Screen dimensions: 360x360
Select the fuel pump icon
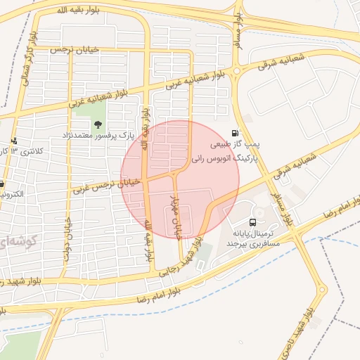pyautogui.click(x=234, y=132)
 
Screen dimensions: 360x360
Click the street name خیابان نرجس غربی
pyautogui.click(x=107, y=185)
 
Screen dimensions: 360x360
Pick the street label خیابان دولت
pyautogui.click(x=68, y=241)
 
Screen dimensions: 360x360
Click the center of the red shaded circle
pyautogui.click(x=180, y=179)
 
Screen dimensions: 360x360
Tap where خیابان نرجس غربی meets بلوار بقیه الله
pyautogui.click(x=146, y=177)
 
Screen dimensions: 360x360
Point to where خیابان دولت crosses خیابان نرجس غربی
pyautogui.click(x=69, y=190)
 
